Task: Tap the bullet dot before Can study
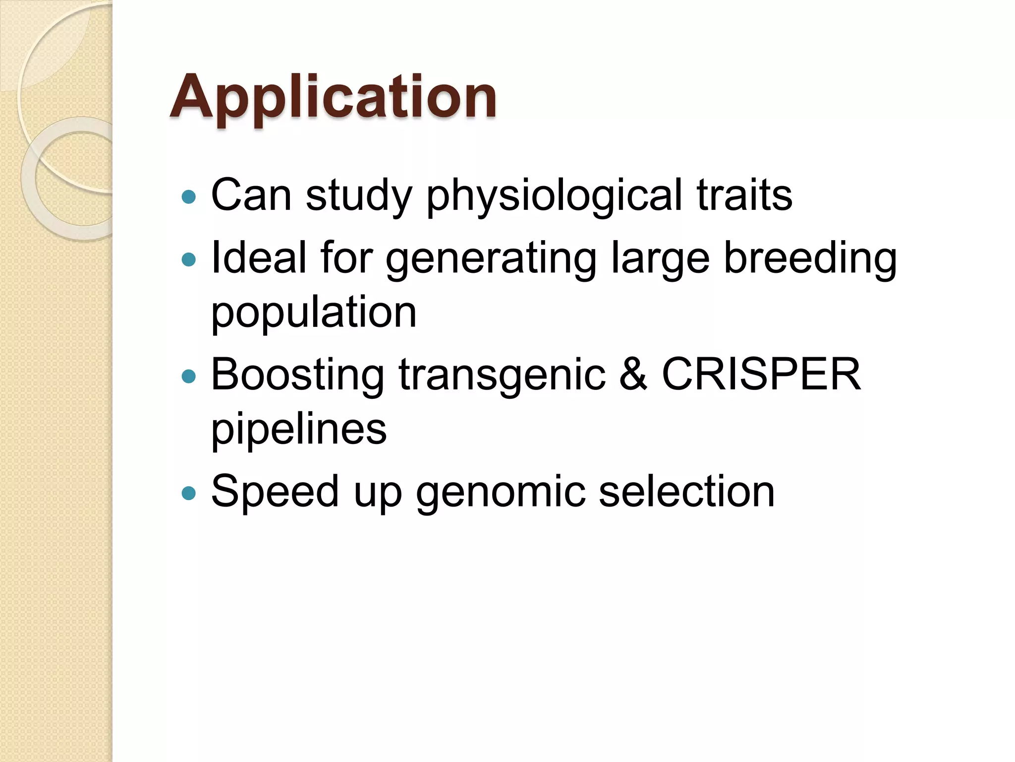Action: (x=189, y=197)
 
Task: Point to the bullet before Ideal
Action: (x=189, y=259)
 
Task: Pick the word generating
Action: (x=491, y=259)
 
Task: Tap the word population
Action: (x=314, y=314)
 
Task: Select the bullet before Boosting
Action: (x=189, y=377)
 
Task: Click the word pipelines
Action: (x=299, y=430)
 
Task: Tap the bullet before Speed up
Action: (x=189, y=493)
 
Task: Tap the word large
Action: (x=660, y=259)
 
